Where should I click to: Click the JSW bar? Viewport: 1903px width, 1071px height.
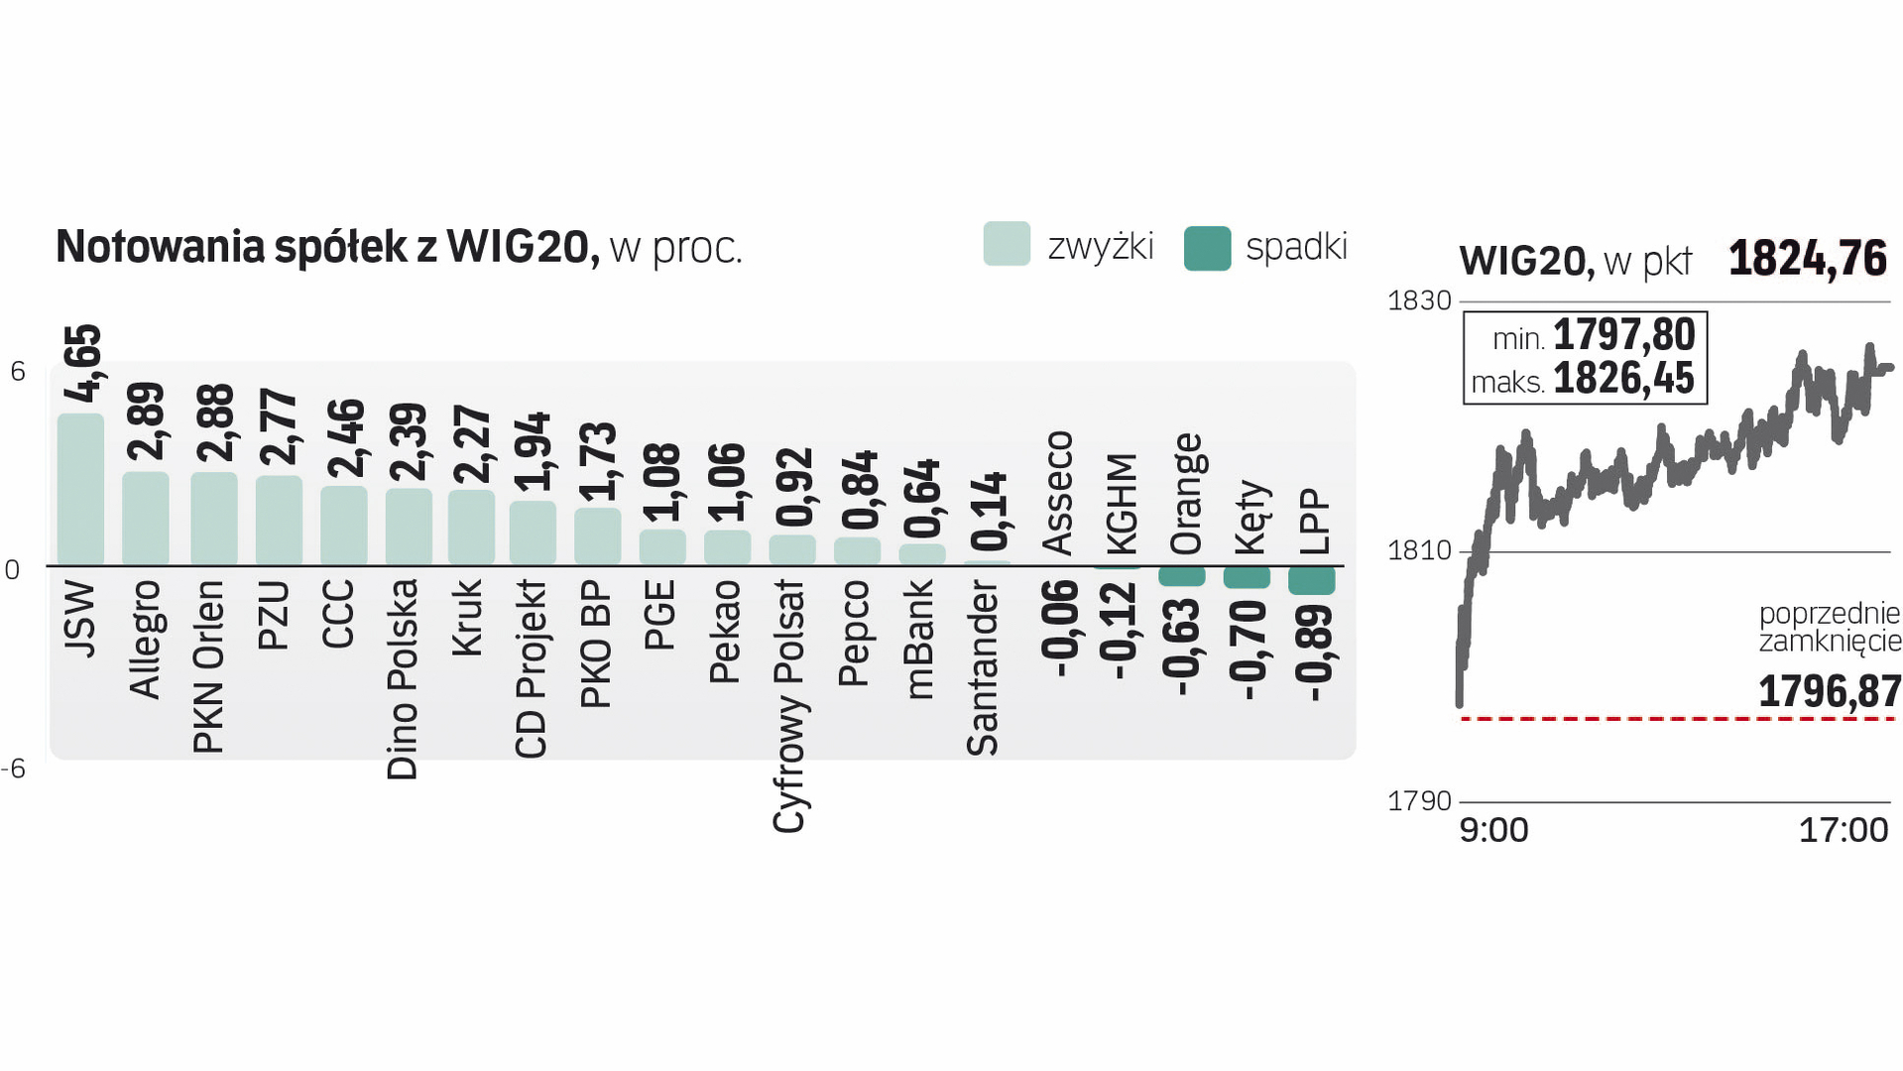tap(80, 490)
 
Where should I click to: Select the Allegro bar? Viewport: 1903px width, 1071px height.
tap(145, 519)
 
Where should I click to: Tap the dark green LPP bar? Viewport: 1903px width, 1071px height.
tap(1311, 580)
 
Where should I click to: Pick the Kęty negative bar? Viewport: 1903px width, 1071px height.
tap(1247, 577)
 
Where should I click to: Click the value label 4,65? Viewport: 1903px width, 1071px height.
tap(83, 363)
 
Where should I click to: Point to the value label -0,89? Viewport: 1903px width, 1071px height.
tap(1315, 653)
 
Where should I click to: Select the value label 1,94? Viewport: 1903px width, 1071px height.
tap(534, 451)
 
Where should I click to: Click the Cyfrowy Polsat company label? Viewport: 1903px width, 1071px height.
tap(790, 706)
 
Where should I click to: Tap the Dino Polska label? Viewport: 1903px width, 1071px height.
tap(403, 679)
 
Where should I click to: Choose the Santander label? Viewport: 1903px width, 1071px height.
tap(983, 667)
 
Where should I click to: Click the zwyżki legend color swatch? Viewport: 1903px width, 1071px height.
tap(1007, 244)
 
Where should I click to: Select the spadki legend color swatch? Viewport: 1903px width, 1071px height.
tap(1207, 248)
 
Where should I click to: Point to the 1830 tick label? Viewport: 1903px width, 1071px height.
tap(1419, 300)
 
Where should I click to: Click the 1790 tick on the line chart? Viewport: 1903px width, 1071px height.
tap(1419, 800)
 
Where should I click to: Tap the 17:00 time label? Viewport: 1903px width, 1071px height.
tap(1843, 830)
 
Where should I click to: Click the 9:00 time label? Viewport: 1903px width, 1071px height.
tap(1493, 830)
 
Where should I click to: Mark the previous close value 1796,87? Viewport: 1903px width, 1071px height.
tap(1829, 691)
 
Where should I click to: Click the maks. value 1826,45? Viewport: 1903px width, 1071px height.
tap(1623, 379)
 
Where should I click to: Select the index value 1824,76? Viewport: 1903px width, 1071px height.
tap(1808, 259)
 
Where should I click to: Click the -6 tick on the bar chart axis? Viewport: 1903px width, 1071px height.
tap(14, 769)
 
